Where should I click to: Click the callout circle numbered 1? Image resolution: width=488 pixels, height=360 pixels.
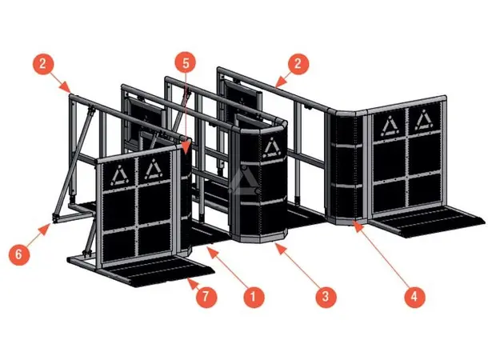pyautogui.click(x=254, y=296)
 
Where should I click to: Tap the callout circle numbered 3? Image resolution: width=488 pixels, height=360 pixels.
pyautogui.click(x=323, y=296)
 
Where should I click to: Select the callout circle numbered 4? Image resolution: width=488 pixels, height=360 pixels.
pyautogui.click(x=413, y=296)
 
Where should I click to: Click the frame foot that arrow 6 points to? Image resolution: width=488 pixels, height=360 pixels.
pyautogui.click(x=54, y=218)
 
